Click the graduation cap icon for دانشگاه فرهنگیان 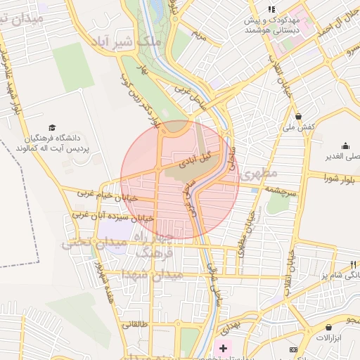[x=54, y=127]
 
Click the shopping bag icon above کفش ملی [x=298, y=116]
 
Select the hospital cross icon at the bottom [x=224, y=348]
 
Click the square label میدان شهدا [x=152, y=274]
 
